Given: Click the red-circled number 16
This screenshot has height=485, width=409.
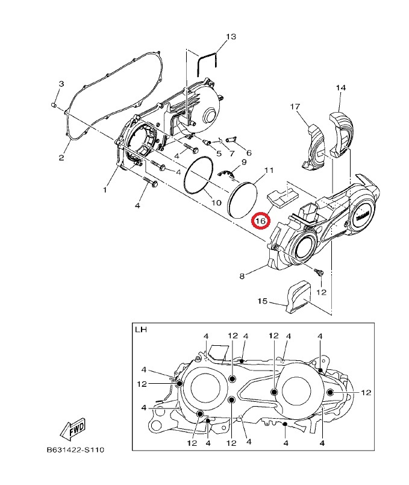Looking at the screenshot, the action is point(261,221).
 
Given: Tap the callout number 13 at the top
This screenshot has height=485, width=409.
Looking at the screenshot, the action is point(231,37).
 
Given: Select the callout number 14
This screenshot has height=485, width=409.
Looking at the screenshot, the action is point(341,88).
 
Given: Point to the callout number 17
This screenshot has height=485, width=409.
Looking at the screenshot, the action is point(295,107).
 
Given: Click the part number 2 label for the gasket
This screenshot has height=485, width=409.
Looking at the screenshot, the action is point(61,157).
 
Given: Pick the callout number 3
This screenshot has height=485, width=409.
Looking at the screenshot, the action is point(61,84).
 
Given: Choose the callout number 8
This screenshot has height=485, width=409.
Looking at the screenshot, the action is point(242,276).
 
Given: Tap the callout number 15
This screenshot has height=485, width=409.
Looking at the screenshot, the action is point(262,301).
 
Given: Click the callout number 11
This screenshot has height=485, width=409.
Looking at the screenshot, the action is point(269,170).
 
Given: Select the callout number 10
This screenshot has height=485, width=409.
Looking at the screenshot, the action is point(216,202).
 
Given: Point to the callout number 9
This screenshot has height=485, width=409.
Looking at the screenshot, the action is point(243,162).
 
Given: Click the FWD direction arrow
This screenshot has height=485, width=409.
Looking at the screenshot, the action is point(72,430).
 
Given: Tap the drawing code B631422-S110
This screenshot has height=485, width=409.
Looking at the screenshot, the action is point(75,449).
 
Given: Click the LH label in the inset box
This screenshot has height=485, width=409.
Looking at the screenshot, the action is point(141,330).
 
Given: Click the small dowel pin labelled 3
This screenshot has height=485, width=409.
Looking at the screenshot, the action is point(53,105).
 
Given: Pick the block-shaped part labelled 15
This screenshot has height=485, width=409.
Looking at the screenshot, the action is point(298,296).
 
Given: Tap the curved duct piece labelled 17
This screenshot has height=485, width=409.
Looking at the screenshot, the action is point(313,147).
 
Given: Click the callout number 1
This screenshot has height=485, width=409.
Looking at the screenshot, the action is point(104,189).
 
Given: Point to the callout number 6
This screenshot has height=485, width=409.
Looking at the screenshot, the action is point(249,153).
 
